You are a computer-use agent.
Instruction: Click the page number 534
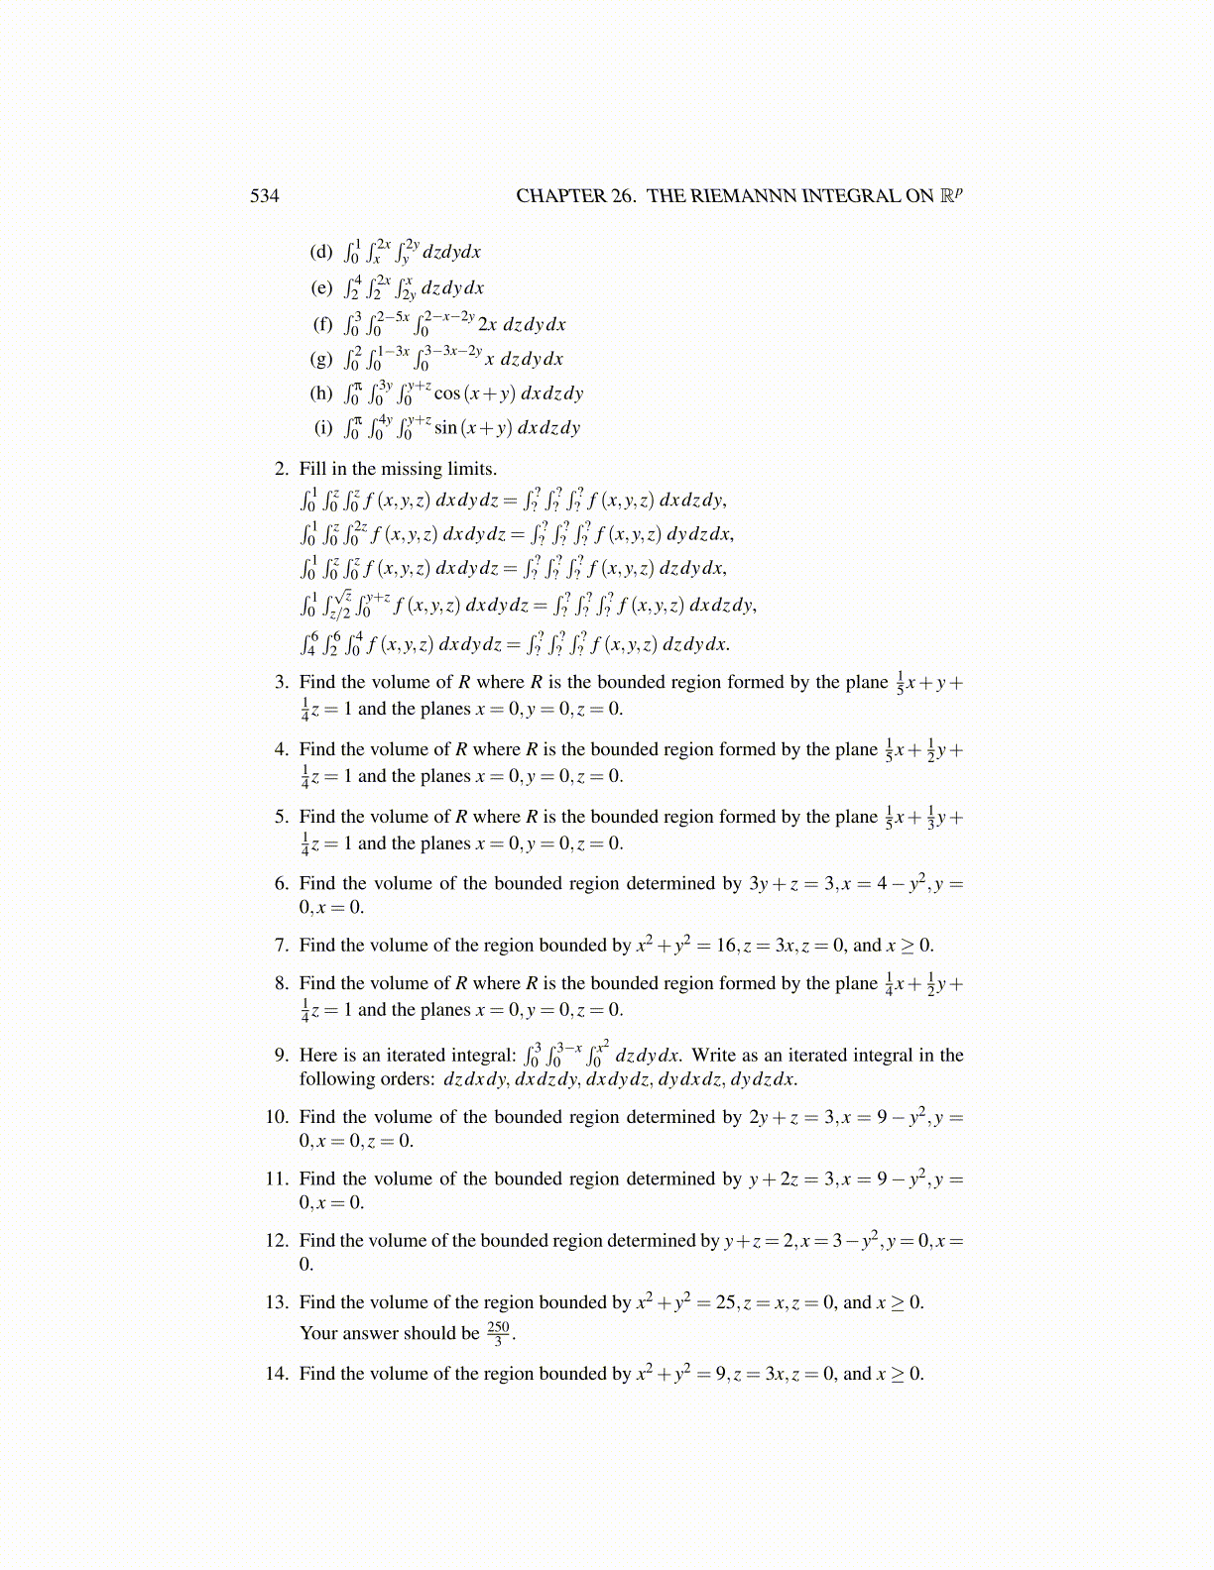(264, 196)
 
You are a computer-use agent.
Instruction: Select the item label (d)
(321, 252)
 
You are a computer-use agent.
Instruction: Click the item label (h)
(321, 393)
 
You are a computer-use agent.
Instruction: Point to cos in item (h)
(447, 393)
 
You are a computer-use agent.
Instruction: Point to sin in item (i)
(446, 428)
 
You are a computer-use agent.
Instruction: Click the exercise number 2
(282, 469)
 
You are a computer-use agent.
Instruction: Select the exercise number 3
(282, 682)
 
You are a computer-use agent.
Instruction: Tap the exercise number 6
(282, 883)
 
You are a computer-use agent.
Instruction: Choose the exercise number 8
(282, 983)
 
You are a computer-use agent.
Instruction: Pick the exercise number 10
(277, 1117)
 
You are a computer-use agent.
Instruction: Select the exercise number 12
(277, 1241)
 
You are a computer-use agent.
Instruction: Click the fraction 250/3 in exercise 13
(499, 1333)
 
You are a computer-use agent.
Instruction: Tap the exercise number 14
(277, 1374)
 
